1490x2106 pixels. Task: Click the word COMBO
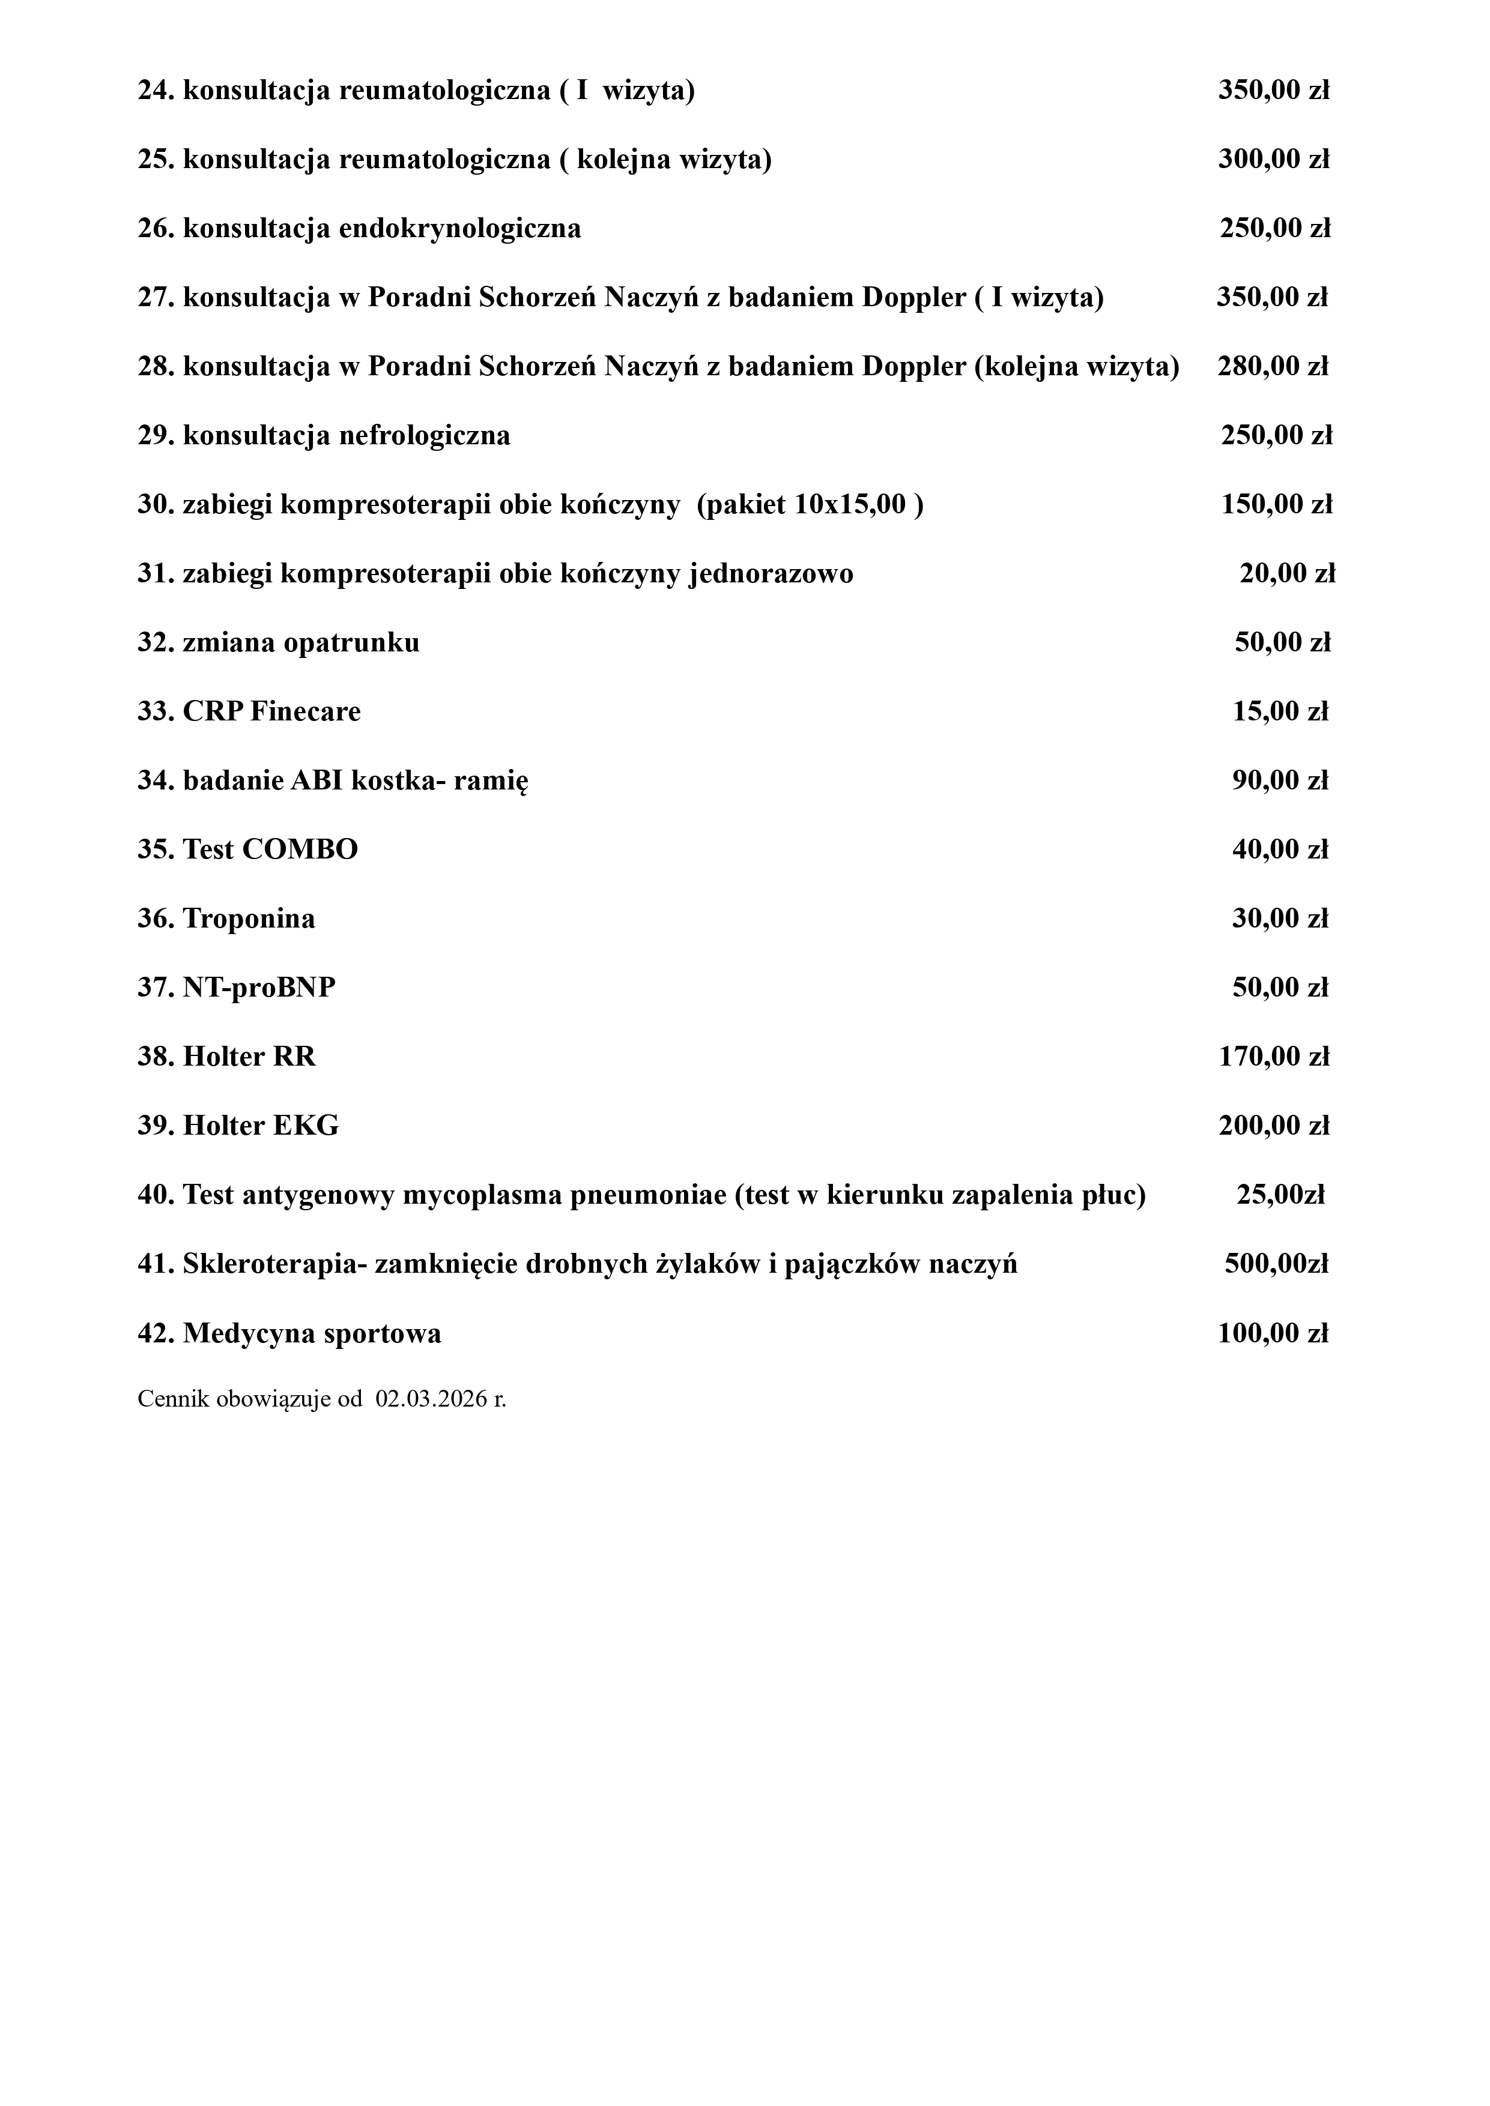300,849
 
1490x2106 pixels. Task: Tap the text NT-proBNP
259,988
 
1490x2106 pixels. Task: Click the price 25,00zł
1281,1195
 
